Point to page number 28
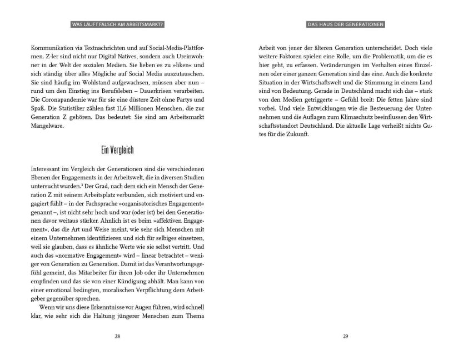pyautogui.click(x=117, y=336)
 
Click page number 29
pyautogui.click(x=346, y=336)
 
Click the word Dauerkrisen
pyautogui.click(x=153, y=97)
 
